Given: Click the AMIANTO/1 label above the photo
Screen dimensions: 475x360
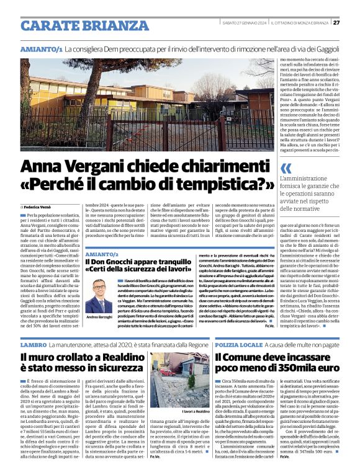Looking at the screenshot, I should pyautogui.click(x=41, y=48).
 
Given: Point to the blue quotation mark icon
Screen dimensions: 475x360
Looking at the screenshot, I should pyautogui.click(x=286, y=167).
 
